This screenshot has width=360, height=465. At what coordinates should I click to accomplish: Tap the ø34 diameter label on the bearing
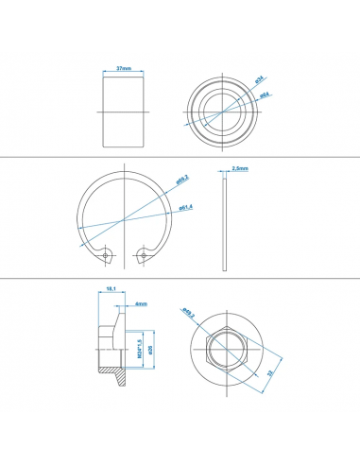click(258, 81)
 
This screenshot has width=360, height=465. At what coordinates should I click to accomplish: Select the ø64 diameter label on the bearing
click(266, 95)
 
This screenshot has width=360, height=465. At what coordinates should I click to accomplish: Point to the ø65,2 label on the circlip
click(182, 179)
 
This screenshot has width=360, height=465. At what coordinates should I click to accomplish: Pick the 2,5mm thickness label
click(238, 168)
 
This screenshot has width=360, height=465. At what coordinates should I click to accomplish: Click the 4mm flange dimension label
click(140, 304)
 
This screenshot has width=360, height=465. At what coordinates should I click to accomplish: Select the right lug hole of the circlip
click(143, 253)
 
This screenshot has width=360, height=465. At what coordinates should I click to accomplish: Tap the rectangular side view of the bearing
click(122, 112)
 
